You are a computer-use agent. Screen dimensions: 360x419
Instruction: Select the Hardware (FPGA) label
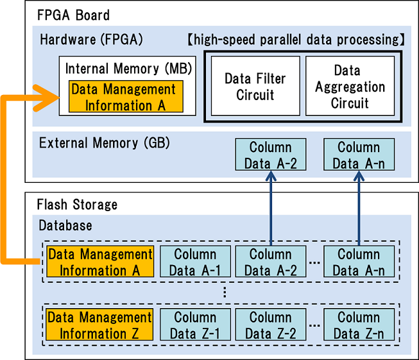91,40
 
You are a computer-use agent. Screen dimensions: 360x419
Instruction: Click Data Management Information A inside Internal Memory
123,97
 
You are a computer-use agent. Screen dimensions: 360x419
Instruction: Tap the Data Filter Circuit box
255,87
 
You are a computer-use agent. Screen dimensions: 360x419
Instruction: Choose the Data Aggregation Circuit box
350,86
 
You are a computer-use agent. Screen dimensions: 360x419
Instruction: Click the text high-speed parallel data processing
296,40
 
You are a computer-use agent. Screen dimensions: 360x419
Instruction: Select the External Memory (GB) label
104,143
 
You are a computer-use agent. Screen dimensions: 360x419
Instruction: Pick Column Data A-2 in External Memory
270,155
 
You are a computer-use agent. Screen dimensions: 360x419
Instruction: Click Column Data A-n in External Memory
359,155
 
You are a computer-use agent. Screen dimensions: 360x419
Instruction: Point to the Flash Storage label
77,205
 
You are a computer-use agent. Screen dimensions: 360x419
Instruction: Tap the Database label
65,225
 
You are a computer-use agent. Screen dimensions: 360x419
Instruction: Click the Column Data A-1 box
195,262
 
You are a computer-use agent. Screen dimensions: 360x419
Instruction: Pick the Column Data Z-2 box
270,325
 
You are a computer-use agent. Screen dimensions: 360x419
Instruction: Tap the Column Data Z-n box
359,325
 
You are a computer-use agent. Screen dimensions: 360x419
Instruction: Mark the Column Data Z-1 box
195,325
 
